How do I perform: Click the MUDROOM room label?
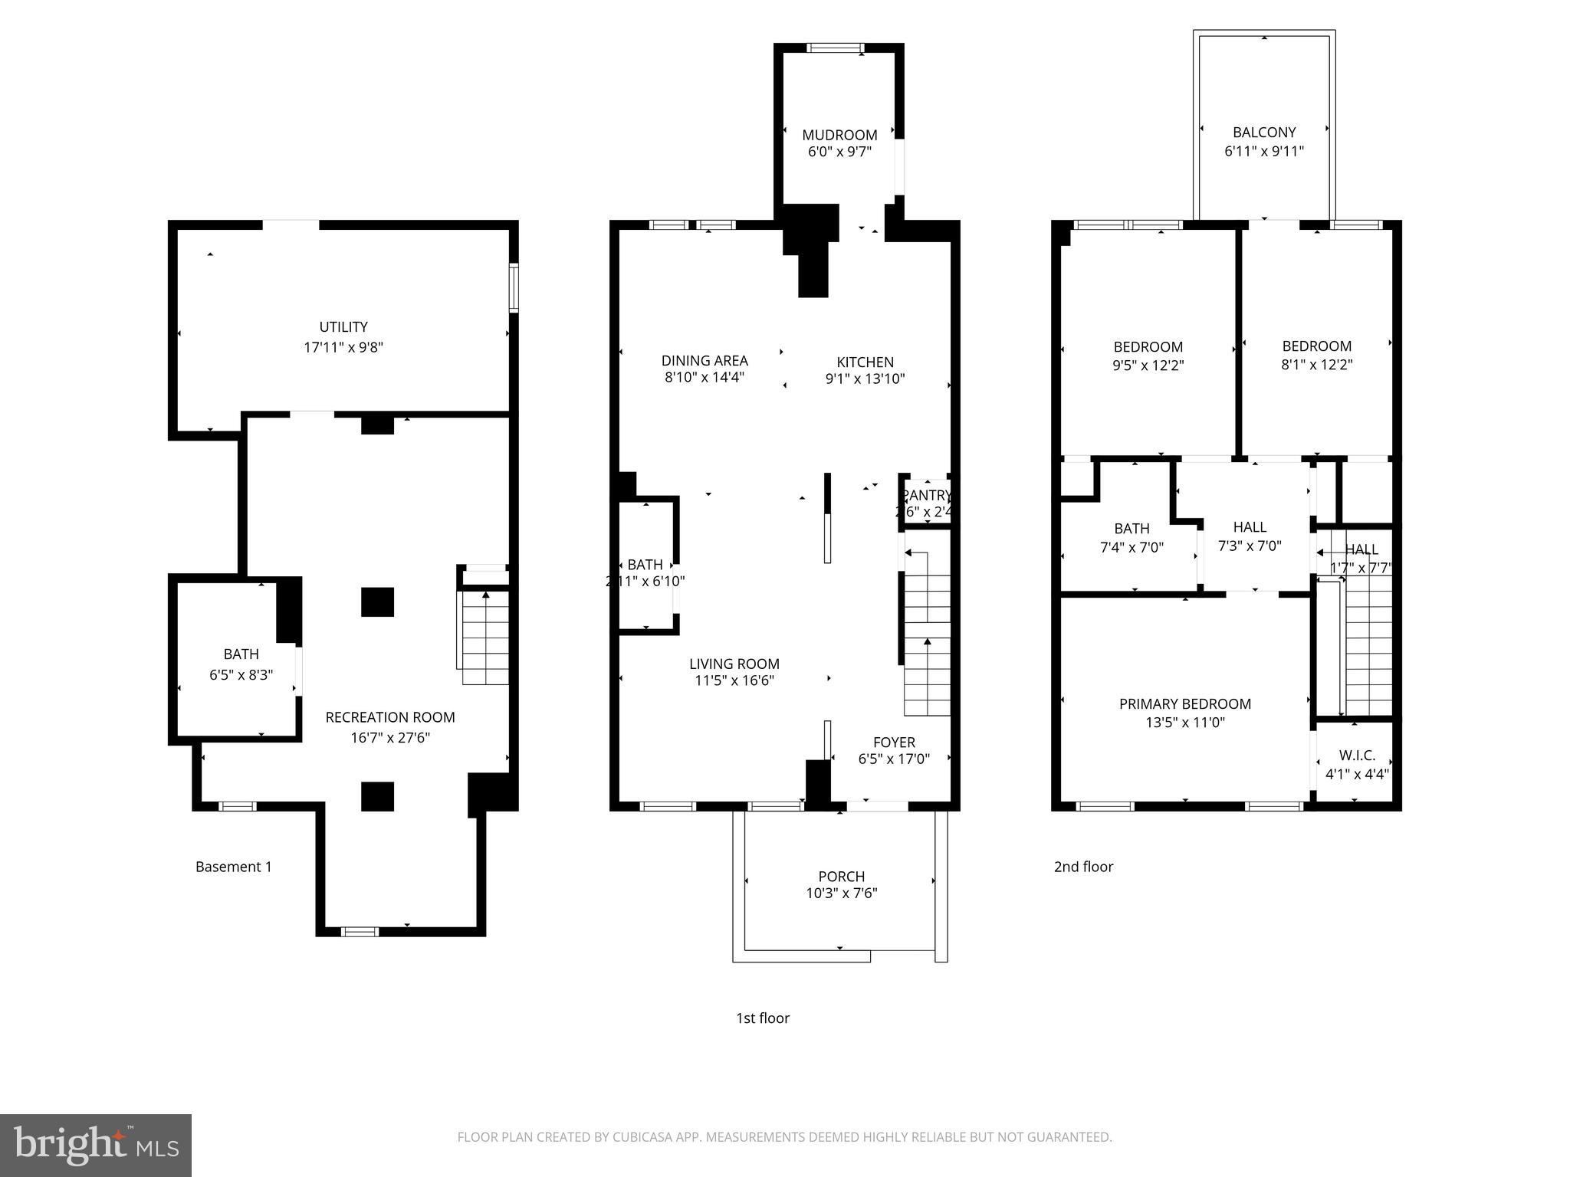(x=839, y=135)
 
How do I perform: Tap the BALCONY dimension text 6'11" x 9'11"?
(x=1263, y=151)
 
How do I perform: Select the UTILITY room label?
(x=343, y=327)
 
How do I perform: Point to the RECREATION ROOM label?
(x=390, y=717)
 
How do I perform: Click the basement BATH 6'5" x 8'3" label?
(x=241, y=664)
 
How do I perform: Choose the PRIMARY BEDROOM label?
(x=1184, y=703)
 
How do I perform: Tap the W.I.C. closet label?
(x=1357, y=756)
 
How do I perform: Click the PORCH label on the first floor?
(x=841, y=876)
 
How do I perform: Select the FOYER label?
(x=894, y=742)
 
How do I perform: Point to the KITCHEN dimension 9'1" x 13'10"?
(x=865, y=379)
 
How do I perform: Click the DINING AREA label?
(x=705, y=360)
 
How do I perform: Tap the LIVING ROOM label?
(x=734, y=664)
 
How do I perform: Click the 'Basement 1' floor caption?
(x=233, y=867)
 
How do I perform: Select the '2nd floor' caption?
(x=1082, y=867)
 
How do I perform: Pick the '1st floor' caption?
(x=762, y=1018)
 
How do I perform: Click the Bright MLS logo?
(x=95, y=1145)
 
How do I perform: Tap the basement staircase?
(x=484, y=636)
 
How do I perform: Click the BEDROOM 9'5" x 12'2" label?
(x=1148, y=356)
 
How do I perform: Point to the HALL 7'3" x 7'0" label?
(x=1250, y=536)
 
